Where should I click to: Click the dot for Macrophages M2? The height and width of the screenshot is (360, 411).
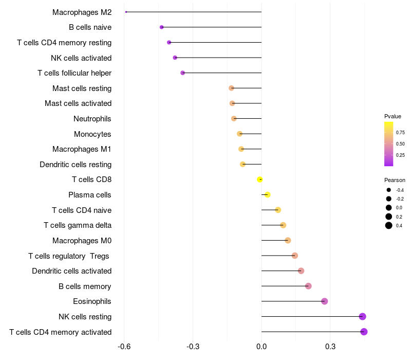click(x=126, y=12)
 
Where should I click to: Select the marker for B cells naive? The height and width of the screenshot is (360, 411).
click(x=162, y=27)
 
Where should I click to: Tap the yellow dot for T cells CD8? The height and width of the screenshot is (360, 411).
click(x=260, y=179)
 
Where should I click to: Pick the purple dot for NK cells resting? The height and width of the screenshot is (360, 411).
click(x=362, y=317)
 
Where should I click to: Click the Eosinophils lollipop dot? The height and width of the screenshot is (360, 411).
click(x=325, y=301)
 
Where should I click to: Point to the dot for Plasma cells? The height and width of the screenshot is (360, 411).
click(x=268, y=195)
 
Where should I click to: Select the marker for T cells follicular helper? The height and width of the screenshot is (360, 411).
click(x=183, y=73)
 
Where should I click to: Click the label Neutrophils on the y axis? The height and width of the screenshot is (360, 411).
click(x=92, y=119)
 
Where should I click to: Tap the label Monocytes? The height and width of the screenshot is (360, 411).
click(x=92, y=134)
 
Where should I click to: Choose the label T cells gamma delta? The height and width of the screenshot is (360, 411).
click(x=78, y=225)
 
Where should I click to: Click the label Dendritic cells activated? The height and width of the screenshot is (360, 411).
click(x=71, y=271)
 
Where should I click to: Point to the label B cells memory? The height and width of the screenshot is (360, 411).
click(x=85, y=286)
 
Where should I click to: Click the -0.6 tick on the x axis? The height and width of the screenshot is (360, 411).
click(x=124, y=346)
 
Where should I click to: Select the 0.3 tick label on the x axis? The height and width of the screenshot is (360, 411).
click(x=330, y=346)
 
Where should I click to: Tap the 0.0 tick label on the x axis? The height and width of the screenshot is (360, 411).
click(x=261, y=346)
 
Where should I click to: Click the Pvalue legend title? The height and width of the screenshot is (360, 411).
click(x=393, y=116)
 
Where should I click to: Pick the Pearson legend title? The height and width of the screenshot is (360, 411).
click(x=395, y=181)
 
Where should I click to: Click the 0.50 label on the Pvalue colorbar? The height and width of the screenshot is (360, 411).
click(x=400, y=144)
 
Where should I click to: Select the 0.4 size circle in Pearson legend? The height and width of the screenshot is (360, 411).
click(x=389, y=225)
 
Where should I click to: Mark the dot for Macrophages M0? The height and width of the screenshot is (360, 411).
click(x=288, y=241)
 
